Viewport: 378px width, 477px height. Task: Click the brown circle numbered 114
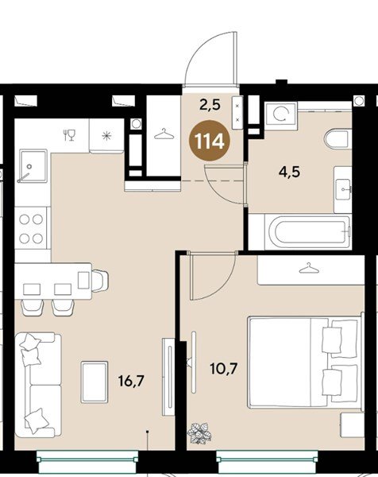point(210,141)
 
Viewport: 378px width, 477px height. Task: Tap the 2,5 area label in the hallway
point(210,105)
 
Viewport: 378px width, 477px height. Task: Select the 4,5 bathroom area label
point(289,173)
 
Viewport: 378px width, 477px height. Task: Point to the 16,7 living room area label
point(131,381)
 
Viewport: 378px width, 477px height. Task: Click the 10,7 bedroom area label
point(224,369)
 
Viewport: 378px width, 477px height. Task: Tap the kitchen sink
point(33,166)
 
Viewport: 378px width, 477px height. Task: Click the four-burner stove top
point(31,228)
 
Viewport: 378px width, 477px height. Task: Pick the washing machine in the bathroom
point(281,114)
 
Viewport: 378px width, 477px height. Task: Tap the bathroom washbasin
point(343,189)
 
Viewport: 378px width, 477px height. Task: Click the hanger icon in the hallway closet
point(164,134)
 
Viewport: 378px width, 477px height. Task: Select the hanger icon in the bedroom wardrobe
point(309,268)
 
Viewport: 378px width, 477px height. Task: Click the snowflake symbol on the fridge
point(106,136)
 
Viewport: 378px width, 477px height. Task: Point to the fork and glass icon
point(69,135)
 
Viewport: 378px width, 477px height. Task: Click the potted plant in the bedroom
point(199,432)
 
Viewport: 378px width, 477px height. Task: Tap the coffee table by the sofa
point(94,382)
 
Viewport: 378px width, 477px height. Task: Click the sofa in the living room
point(38,385)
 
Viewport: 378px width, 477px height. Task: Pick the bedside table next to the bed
point(352,425)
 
